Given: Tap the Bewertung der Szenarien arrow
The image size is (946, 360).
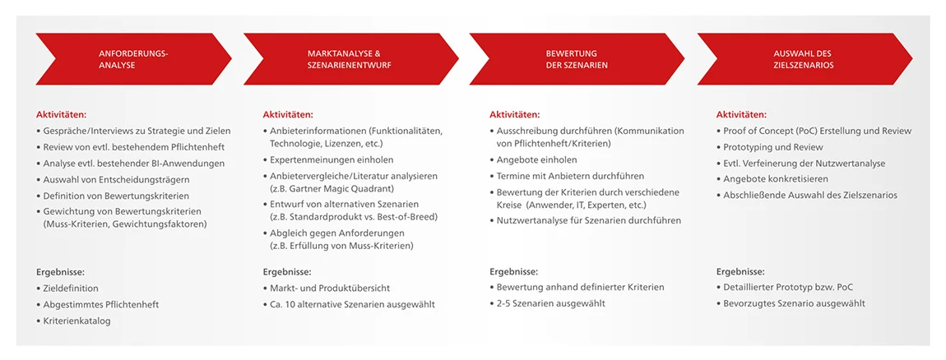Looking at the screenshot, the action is tap(577, 59).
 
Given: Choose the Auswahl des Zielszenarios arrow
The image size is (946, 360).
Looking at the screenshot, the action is tap(805, 59).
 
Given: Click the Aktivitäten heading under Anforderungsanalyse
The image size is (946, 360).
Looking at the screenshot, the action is tap(61, 114).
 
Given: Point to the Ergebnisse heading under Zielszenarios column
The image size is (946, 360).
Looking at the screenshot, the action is tap(740, 271).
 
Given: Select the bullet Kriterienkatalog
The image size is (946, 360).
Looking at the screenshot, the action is tap(73, 321).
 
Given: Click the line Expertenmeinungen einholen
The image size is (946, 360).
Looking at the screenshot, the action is tap(328, 159).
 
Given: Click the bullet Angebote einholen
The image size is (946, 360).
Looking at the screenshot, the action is tap(533, 159).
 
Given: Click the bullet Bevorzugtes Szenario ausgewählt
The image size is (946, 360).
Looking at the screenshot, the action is tap(791, 303).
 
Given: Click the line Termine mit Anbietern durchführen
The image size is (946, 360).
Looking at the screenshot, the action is tap(567, 176).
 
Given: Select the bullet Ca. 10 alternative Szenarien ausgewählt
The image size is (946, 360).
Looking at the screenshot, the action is tap(349, 305).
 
